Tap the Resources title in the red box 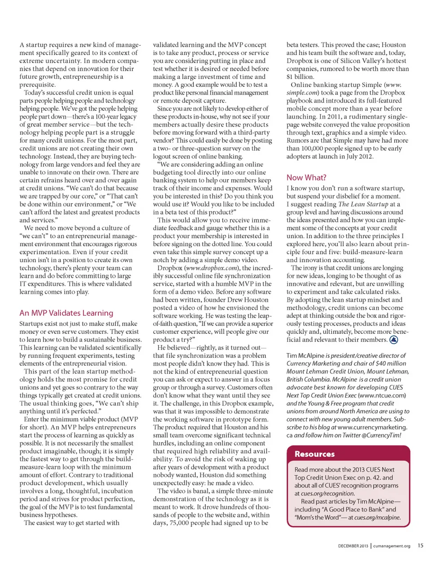click(314, 454)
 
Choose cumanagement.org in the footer click(392, 546)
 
